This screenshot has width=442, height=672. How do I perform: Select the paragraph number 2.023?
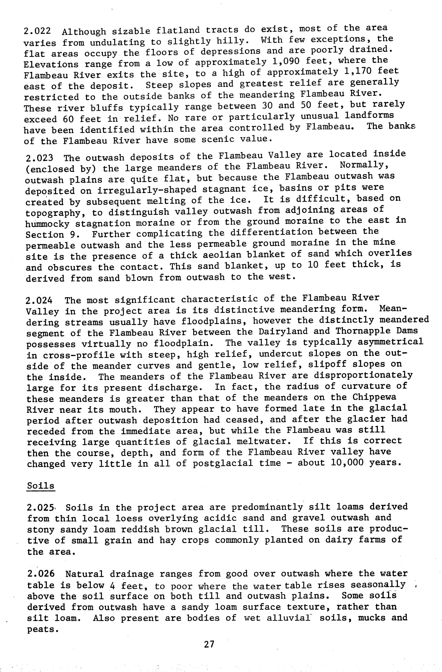[x=39, y=158]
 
